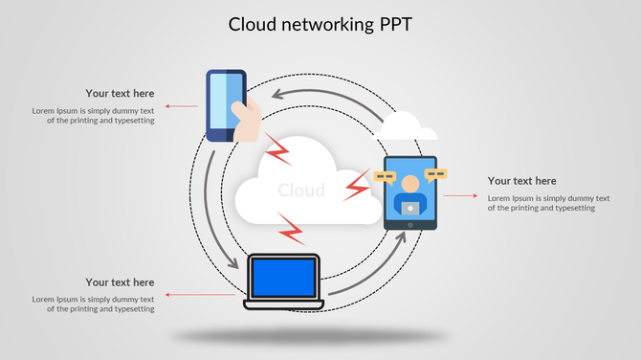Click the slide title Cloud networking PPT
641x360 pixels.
tap(320, 24)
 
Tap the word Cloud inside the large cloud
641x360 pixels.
tap(300, 191)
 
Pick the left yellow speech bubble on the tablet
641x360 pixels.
tap(386, 177)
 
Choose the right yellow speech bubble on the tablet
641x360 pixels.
tap(436, 175)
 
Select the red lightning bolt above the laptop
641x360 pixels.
tap(291, 230)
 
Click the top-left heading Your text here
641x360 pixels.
tap(120, 94)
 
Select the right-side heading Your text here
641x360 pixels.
tap(521, 181)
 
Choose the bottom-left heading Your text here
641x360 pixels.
tap(120, 282)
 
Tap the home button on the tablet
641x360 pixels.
tap(410, 225)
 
